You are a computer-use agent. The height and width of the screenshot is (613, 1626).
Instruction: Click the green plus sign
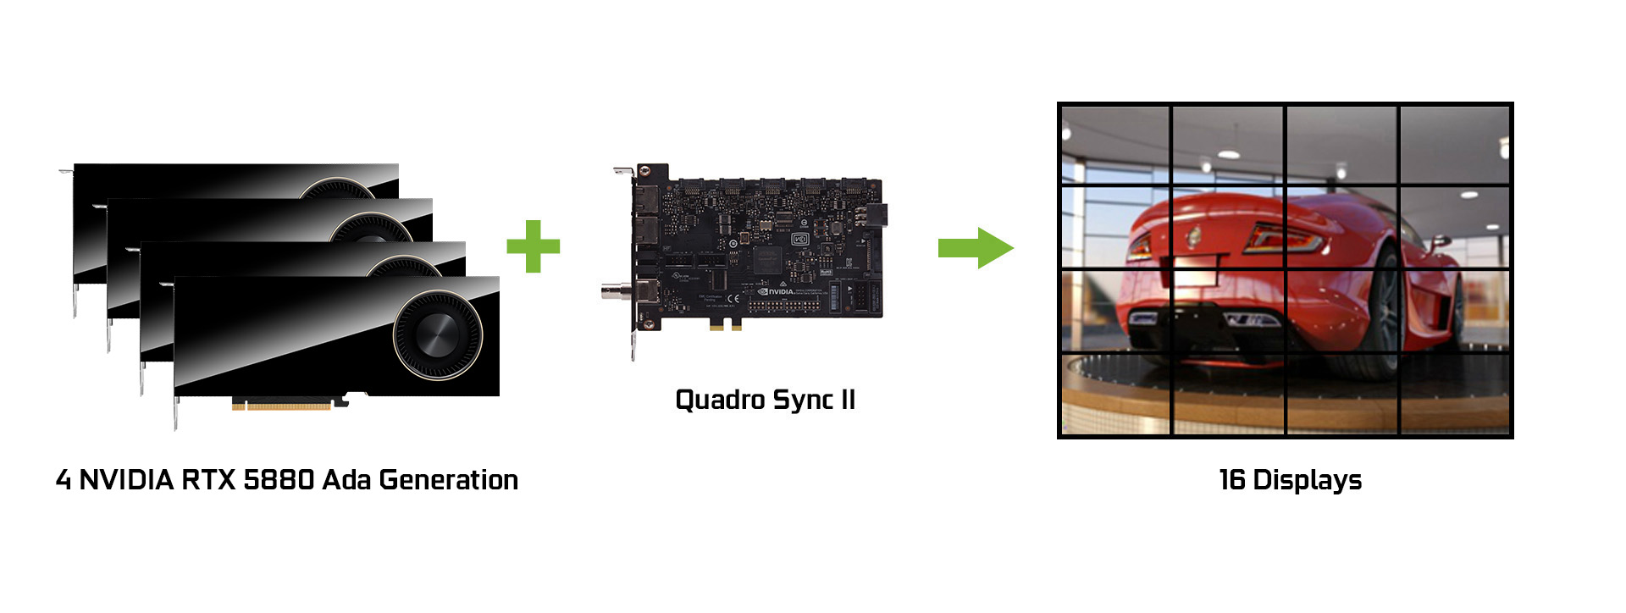click(x=533, y=246)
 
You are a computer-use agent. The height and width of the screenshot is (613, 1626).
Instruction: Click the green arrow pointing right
click(x=975, y=247)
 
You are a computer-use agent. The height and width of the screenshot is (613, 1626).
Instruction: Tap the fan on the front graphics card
click(x=438, y=334)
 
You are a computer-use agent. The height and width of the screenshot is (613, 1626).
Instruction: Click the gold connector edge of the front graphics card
click(x=281, y=406)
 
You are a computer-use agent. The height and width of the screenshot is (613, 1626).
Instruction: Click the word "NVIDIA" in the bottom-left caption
click(x=126, y=480)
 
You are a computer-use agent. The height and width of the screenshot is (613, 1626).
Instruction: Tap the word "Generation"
click(x=449, y=480)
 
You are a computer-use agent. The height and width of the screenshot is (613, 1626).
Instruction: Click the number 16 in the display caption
click(x=1231, y=480)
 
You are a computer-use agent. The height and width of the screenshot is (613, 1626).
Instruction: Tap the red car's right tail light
click(x=1286, y=239)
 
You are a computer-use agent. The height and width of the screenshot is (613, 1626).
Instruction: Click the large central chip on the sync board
click(x=767, y=258)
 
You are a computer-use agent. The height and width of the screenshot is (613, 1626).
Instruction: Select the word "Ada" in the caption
click(x=347, y=480)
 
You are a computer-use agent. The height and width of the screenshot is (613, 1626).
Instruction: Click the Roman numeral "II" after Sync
click(x=848, y=400)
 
